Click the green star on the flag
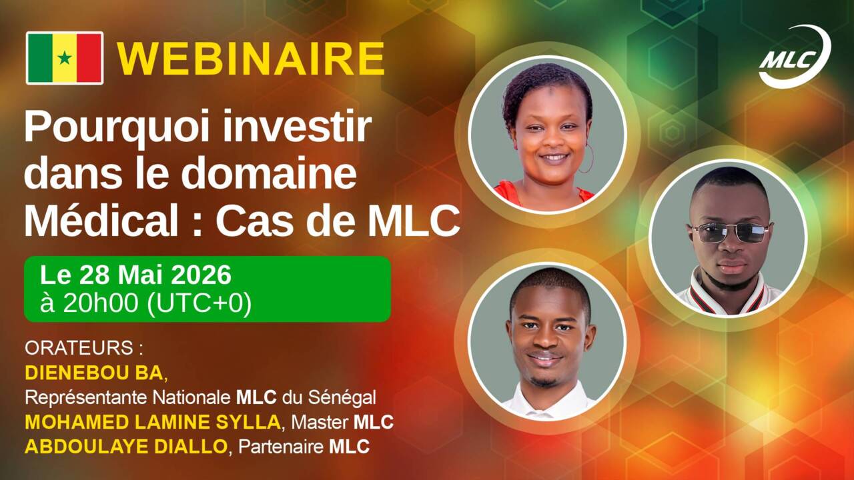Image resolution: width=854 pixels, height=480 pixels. [x=65, y=58]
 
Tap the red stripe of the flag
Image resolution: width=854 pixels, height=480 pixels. [x=90, y=58]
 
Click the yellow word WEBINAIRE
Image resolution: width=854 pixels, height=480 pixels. [x=250, y=59]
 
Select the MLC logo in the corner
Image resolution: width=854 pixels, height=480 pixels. [x=794, y=57]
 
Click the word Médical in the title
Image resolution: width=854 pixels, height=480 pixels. [x=101, y=220]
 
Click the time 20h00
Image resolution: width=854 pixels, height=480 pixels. [x=101, y=303]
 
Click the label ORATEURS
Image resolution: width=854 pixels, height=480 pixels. [x=79, y=348]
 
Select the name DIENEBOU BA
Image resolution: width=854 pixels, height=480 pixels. [x=94, y=373]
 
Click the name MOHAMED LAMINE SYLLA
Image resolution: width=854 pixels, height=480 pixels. [x=153, y=422]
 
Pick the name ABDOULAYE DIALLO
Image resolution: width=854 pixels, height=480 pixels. [x=126, y=447]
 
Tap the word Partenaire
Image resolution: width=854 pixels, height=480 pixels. [x=281, y=447]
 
